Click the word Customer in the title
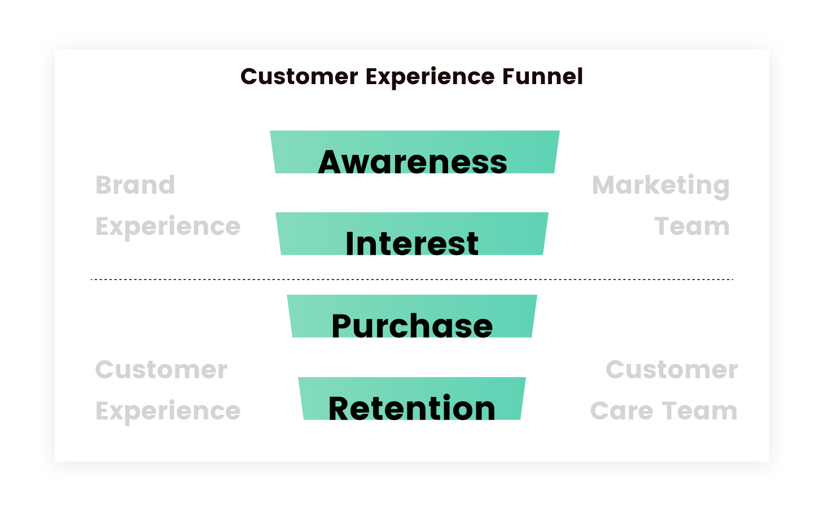[x=299, y=77]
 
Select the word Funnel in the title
[x=542, y=77]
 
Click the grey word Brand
[x=135, y=185]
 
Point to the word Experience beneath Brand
[x=168, y=227]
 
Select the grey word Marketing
[x=661, y=186]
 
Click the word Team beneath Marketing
[x=692, y=227]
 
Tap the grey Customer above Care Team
[x=672, y=370]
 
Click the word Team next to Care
[x=700, y=412]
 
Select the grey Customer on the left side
[x=161, y=370]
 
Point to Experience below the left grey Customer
[x=168, y=412]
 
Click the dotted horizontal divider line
[x=412, y=279]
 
